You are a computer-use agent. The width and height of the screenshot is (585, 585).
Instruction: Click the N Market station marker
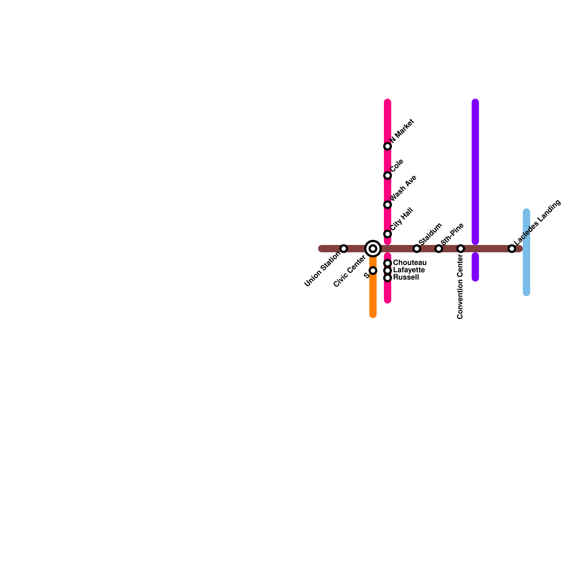[x=388, y=146]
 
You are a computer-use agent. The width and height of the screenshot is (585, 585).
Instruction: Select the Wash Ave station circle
[x=388, y=205]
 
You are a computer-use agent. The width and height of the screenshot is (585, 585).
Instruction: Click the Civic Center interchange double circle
[x=373, y=249]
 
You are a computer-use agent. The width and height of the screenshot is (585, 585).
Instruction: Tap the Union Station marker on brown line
[x=344, y=249]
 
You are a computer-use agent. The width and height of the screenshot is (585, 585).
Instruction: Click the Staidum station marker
[x=417, y=249]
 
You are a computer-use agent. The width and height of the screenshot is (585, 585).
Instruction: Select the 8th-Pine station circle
[x=439, y=249]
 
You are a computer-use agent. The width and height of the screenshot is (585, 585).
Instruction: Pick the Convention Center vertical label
[x=460, y=287]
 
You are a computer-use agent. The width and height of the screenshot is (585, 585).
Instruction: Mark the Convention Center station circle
[x=461, y=249]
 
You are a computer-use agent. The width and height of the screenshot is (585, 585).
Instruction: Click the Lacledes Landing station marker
[x=512, y=249]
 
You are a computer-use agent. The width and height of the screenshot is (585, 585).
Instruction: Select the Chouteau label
[x=409, y=263]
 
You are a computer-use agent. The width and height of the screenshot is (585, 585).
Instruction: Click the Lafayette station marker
[x=388, y=271]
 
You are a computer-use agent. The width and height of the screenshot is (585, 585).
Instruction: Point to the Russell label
[x=406, y=278]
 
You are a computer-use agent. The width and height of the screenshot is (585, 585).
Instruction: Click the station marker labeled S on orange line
[x=373, y=271]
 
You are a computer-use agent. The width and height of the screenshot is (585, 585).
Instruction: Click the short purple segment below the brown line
[x=475, y=267]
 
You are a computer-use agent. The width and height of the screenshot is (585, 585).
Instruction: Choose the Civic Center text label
[x=350, y=271]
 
